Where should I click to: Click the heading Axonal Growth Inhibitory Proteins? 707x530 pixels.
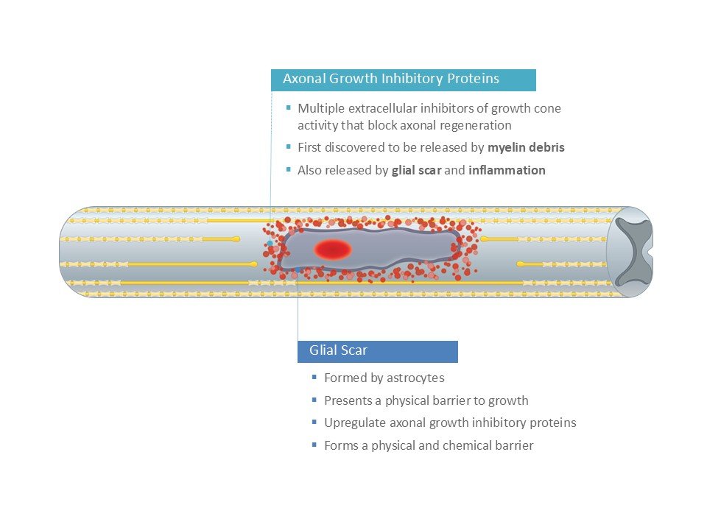(x=391, y=79)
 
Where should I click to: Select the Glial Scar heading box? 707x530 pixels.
(x=377, y=351)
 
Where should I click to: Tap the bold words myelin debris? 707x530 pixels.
(x=526, y=147)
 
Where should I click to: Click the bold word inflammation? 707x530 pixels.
(x=507, y=170)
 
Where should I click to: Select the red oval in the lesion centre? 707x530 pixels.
(x=333, y=250)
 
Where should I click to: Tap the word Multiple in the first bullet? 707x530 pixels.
(x=319, y=108)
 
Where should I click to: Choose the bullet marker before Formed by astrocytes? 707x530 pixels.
(x=314, y=378)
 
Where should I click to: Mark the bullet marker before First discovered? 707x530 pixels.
(x=288, y=146)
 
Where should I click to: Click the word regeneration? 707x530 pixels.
(x=478, y=125)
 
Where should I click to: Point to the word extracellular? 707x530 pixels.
(x=379, y=108)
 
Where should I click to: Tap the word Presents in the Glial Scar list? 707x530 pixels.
(x=348, y=401)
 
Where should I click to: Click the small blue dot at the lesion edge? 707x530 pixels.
(x=270, y=242)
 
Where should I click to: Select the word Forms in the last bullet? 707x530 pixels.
(x=341, y=445)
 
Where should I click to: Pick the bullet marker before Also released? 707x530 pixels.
(x=288, y=169)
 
